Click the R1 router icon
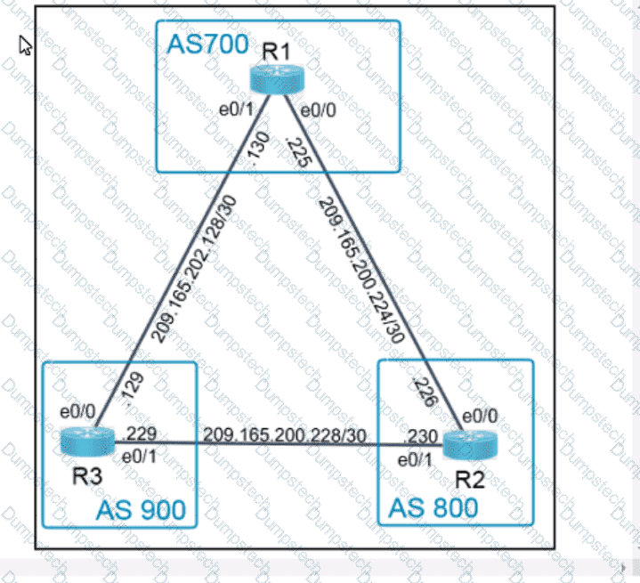(277, 79)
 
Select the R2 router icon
(470, 445)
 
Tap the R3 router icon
(87, 441)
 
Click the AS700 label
(207, 45)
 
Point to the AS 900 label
(141, 510)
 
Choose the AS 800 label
(433, 508)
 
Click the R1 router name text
(276, 52)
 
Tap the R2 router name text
(470, 479)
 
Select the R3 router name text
(87, 476)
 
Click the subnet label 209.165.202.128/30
(194, 269)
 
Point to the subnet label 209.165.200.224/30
(361, 270)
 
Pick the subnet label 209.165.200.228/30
(285, 435)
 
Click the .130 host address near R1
(258, 148)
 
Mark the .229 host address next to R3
(140, 433)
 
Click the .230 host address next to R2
(421, 437)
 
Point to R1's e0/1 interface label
(236, 109)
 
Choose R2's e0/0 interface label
(480, 416)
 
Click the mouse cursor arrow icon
(25, 45)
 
